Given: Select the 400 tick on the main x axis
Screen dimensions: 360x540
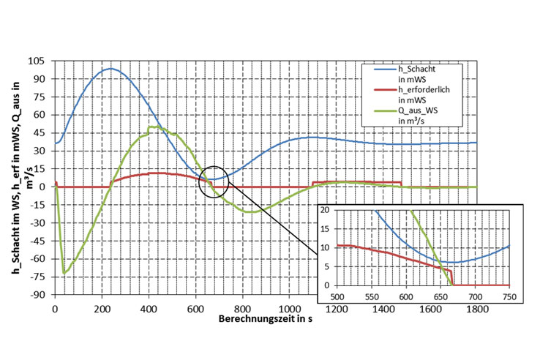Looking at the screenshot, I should coord(149,310).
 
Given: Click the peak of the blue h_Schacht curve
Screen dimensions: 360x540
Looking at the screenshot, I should coord(110,69).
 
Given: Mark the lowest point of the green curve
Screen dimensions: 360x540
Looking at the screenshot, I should coord(64,273).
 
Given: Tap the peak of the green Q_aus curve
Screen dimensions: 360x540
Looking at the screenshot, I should coord(152,127).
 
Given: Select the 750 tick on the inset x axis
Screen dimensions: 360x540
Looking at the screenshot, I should coord(510,296).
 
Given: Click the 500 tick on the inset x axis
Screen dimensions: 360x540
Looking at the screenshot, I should coord(337,296).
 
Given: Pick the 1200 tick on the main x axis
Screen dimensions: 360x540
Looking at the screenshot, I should coord(337,310).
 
